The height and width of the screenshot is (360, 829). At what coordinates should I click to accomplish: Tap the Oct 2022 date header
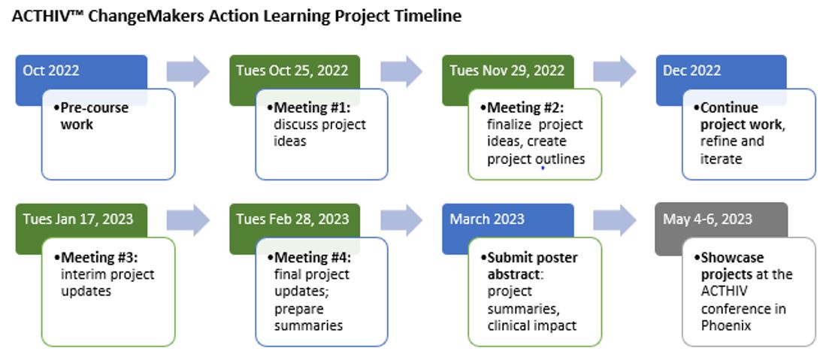51,71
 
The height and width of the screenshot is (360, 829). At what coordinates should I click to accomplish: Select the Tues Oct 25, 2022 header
292,71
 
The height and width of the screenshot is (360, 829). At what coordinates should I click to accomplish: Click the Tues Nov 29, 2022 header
507,71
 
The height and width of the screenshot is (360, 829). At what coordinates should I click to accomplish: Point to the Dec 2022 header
691,71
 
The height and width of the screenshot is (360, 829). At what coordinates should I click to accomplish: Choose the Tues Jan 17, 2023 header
77,219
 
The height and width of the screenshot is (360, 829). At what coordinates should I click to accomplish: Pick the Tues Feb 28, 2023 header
292,219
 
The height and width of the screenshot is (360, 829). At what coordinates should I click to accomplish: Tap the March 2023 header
487,219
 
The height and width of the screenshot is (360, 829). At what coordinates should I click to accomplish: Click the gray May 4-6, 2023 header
707,219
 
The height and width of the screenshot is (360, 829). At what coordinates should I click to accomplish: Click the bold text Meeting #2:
526,107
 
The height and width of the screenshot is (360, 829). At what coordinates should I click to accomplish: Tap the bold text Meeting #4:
313,258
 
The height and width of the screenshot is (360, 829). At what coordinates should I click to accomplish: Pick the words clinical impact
532,325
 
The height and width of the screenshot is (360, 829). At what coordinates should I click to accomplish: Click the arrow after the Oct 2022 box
188,71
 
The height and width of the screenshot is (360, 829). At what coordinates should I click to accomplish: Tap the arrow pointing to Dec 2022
614,71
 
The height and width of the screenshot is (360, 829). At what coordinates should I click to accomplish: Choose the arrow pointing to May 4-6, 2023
614,219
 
